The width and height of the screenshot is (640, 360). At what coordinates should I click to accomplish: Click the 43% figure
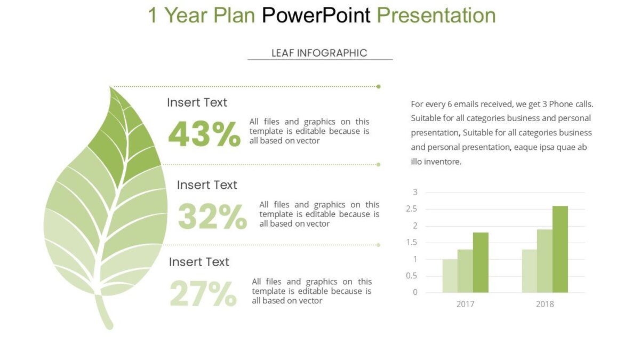[204, 134]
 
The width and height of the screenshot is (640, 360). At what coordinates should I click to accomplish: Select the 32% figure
[212, 217]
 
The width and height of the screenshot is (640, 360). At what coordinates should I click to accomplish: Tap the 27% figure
[203, 294]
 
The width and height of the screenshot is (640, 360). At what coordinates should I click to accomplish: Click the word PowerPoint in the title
[316, 15]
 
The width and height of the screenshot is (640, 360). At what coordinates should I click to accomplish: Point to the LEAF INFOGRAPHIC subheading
[319, 53]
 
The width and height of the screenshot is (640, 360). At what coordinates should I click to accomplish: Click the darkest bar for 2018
[560, 249]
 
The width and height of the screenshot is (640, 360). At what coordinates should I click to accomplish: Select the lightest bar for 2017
[450, 276]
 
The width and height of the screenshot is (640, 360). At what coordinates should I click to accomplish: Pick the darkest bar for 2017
[481, 262]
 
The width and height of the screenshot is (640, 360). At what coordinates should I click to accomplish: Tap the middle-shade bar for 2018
[545, 261]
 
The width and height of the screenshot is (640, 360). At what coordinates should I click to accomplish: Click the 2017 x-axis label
[465, 304]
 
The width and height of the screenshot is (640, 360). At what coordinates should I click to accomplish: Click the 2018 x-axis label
[545, 304]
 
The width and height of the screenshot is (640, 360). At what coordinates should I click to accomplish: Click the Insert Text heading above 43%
[197, 102]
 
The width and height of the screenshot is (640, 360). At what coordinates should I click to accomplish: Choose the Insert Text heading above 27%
[199, 262]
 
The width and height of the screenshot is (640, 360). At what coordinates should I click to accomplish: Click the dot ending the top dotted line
[379, 86]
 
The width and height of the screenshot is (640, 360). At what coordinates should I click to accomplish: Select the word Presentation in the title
[436, 15]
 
